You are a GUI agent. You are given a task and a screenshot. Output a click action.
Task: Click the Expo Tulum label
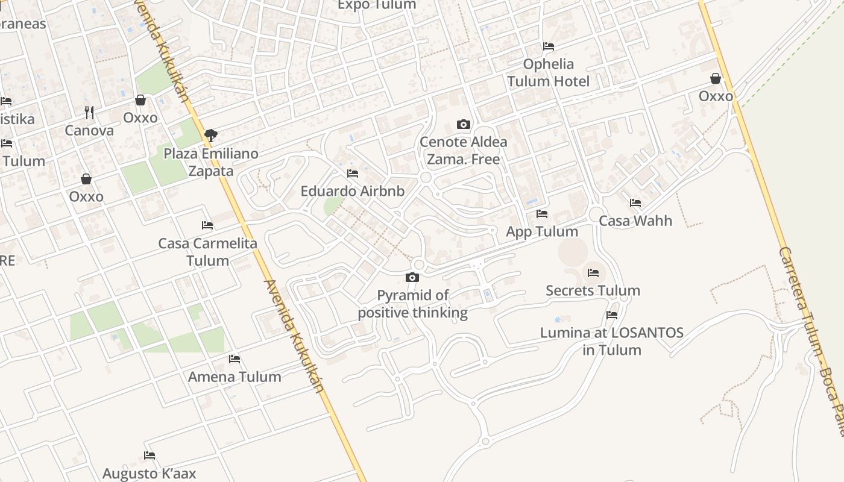click(377, 5)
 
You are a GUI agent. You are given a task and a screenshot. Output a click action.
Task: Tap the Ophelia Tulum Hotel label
click(548, 72)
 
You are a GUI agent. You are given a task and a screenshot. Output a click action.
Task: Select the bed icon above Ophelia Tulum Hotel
click(549, 46)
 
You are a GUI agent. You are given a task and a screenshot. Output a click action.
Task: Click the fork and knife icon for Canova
click(89, 112)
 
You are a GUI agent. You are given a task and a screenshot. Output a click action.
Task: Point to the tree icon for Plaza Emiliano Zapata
click(210, 135)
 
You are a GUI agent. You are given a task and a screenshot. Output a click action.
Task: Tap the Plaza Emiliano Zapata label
click(211, 162)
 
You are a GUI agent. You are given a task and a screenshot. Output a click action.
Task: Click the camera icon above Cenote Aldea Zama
click(463, 125)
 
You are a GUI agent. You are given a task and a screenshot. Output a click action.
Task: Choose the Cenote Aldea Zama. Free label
click(463, 151)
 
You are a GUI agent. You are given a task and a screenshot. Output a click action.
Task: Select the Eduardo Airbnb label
click(353, 191)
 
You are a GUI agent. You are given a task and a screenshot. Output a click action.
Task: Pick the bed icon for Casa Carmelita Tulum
click(207, 225)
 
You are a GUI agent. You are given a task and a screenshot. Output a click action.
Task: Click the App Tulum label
click(542, 231)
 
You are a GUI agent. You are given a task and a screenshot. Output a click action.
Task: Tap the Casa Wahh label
click(635, 221)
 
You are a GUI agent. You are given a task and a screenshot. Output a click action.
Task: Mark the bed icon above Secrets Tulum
click(593, 273)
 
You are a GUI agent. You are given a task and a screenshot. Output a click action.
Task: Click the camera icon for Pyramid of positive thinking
click(412, 277)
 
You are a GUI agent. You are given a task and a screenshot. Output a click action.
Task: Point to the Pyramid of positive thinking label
click(413, 304)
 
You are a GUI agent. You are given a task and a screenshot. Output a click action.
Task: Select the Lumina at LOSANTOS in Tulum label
click(612, 341)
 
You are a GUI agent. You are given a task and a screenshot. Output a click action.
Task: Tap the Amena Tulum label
click(235, 377)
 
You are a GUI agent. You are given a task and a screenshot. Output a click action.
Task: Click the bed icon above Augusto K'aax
click(150, 455)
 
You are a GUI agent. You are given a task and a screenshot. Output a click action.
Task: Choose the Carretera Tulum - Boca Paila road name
click(811, 331)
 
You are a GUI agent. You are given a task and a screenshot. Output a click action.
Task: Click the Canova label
click(89, 130)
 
